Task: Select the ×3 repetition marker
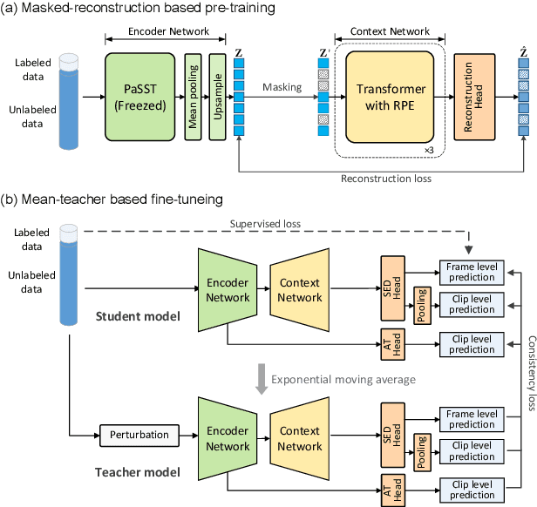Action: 429,151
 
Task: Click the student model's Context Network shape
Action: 299,291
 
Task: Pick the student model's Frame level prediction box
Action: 470,271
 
